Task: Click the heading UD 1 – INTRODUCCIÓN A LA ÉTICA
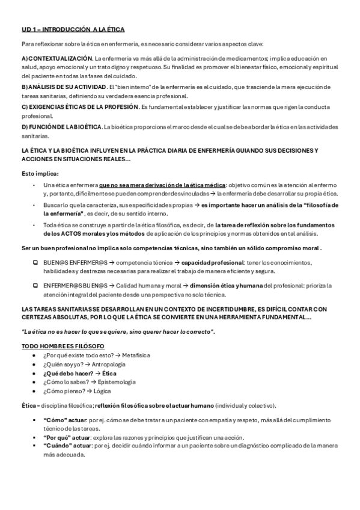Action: point(73,28)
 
